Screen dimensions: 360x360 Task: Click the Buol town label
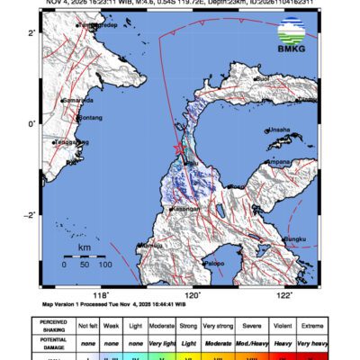coord(265,80)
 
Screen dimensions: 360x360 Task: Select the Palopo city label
coord(213,263)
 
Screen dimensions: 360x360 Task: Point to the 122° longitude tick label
coord(285,294)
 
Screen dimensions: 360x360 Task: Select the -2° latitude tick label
coord(30,215)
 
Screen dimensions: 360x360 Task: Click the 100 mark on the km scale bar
coord(104,265)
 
